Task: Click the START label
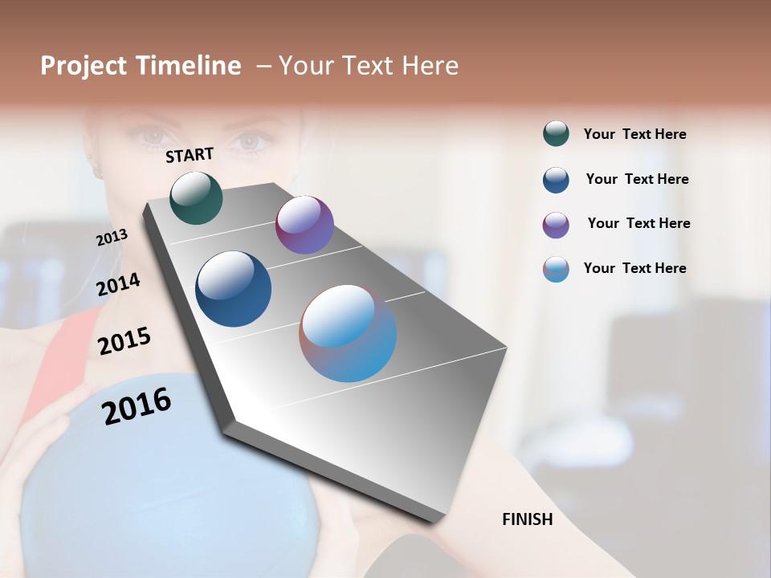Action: point(190,154)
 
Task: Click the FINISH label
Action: point(527,519)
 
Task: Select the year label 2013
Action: point(112,237)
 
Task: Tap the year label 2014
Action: point(118,284)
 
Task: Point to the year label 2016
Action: point(137,406)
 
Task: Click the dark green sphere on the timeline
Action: point(196,197)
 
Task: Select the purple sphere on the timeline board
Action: point(304,225)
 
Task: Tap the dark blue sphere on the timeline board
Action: point(233,289)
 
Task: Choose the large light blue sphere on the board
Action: point(348,333)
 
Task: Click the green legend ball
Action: point(556,134)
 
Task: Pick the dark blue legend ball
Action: point(556,180)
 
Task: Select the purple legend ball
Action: point(556,225)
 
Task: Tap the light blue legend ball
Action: point(556,269)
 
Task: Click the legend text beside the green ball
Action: point(634,134)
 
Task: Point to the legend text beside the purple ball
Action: point(638,223)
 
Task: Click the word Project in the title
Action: point(84,66)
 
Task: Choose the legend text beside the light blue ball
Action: point(634,268)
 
